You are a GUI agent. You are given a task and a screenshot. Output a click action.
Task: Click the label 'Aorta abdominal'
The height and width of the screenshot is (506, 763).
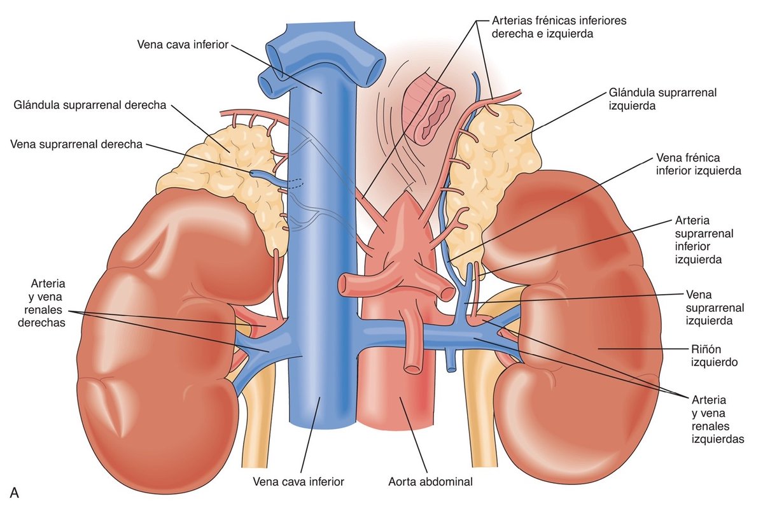[x=430, y=482]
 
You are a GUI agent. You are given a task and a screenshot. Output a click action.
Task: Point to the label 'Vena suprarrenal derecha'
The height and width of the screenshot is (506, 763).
[x=76, y=144]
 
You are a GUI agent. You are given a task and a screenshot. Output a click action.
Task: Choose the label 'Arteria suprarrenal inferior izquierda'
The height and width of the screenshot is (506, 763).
[x=703, y=240]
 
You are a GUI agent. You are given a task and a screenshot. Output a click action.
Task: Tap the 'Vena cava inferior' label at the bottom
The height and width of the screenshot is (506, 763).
[x=298, y=482]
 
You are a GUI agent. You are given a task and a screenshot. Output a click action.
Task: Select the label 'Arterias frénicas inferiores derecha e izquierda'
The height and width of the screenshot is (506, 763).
[x=559, y=27]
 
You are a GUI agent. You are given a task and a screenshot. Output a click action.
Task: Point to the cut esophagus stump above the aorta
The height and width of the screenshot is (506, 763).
[x=433, y=106]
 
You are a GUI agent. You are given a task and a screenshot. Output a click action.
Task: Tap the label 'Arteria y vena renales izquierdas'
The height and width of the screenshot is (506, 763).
[x=717, y=419]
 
